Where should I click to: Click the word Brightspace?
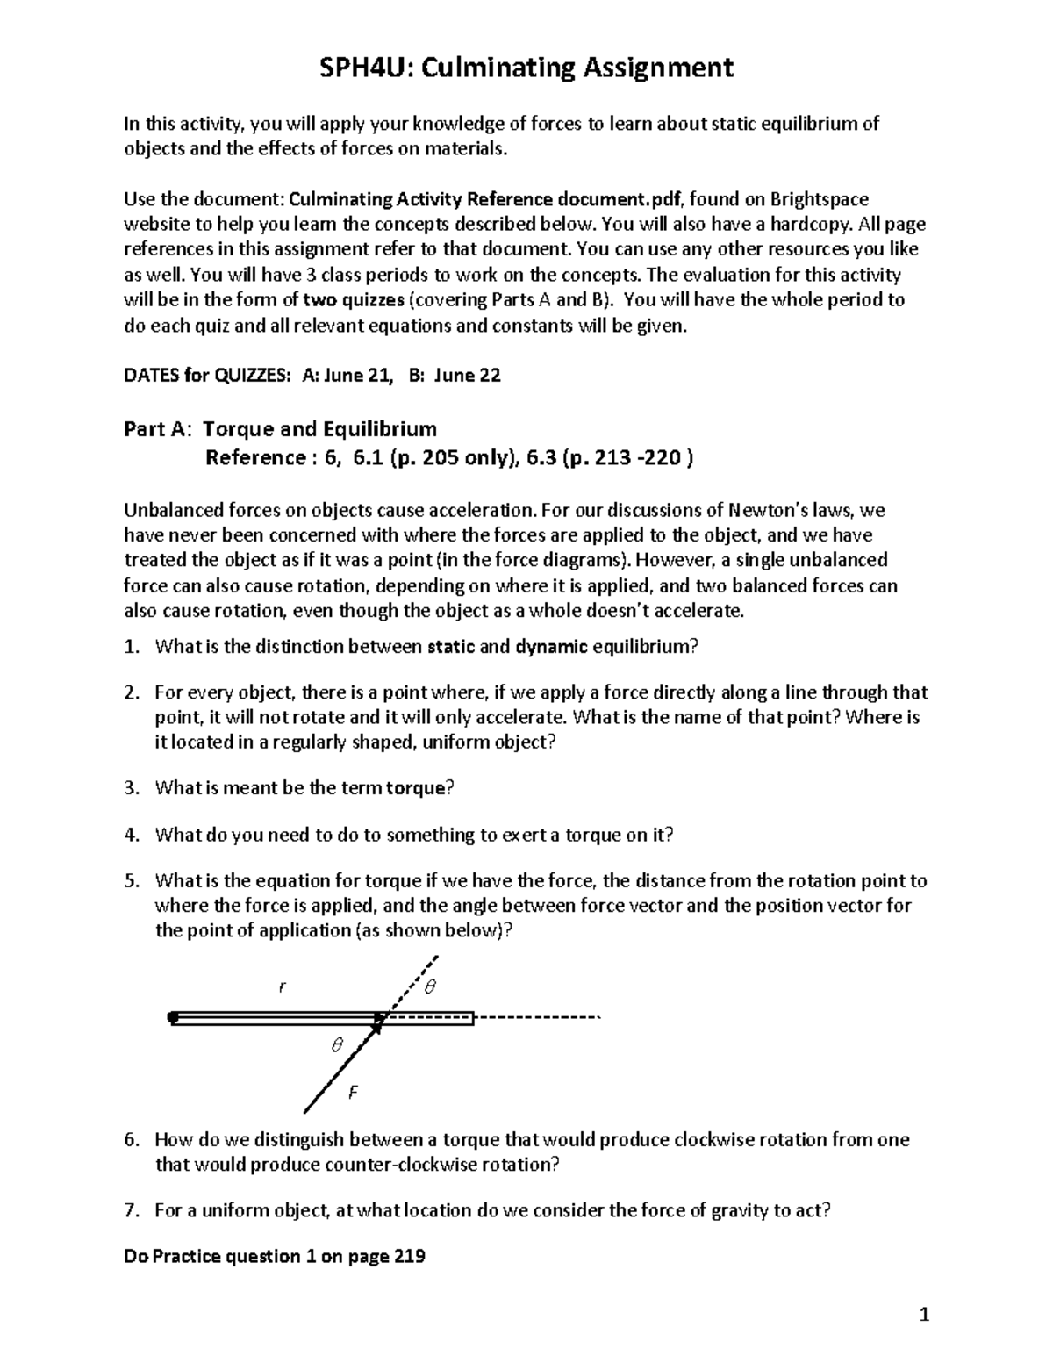click(x=820, y=199)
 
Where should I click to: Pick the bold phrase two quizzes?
click(x=354, y=299)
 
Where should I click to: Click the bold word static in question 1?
click(x=450, y=647)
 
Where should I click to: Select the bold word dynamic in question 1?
click(x=551, y=647)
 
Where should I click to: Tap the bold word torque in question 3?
click(x=417, y=787)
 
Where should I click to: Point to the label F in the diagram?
click(x=354, y=1093)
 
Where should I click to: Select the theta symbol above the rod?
click(x=430, y=987)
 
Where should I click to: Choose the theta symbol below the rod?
click(x=335, y=1045)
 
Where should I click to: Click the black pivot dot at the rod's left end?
click(x=173, y=1018)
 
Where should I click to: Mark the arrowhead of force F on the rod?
click(x=379, y=1022)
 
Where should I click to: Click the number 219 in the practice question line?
click(x=409, y=1256)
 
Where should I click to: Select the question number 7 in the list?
click(x=131, y=1210)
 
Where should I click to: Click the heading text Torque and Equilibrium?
click(x=319, y=429)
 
